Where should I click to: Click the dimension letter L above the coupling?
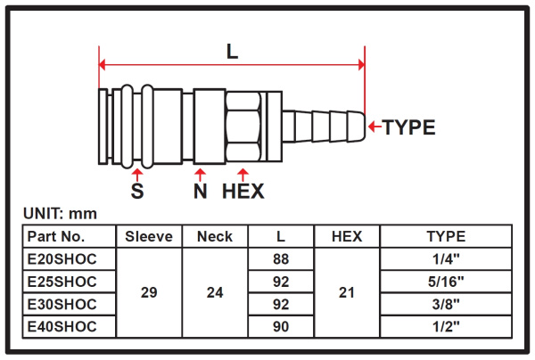(233, 52)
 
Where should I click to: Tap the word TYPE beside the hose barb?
(408, 127)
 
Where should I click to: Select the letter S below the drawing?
(137, 191)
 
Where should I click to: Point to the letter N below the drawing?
(201, 191)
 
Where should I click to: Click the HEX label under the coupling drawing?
(243, 191)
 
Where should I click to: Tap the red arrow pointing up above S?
(137, 175)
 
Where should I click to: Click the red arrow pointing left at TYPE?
(375, 127)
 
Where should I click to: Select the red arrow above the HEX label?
(243, 175)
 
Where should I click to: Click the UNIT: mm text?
(60, 214)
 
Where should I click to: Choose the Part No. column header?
(56, 236)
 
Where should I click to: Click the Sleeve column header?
(149, 236)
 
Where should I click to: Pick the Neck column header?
(215, 236)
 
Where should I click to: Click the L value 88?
(281, 259)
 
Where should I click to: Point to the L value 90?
(281, 327)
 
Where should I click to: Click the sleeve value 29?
(149, 292)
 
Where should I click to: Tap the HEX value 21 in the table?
(347, 292)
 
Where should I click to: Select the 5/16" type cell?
(446, 282)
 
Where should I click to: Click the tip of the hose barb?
(366, 127)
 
